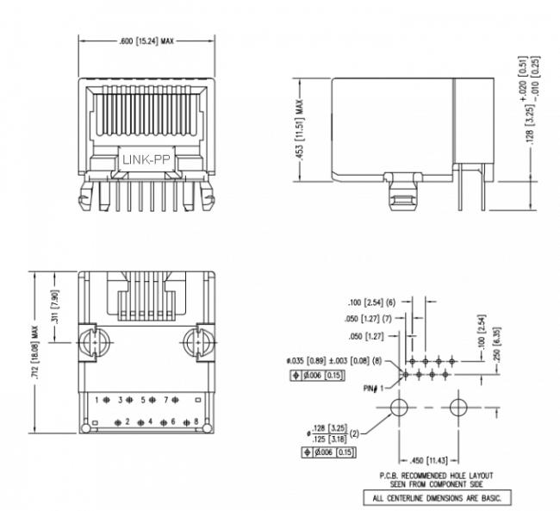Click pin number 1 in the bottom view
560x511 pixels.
97,400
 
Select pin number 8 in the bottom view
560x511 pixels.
196,421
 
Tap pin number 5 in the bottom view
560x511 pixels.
143,400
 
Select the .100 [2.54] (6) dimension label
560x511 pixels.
370,303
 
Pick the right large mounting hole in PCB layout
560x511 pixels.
457,407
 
